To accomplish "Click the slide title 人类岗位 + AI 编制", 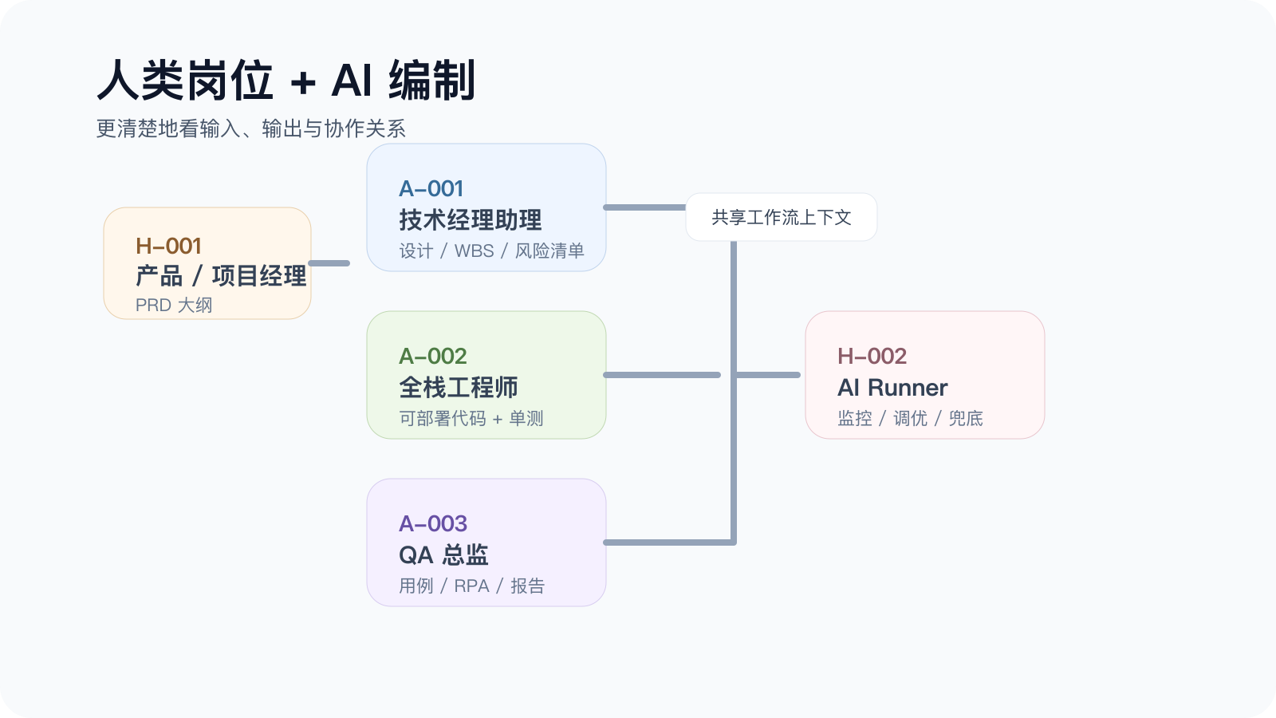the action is tap(286, 81).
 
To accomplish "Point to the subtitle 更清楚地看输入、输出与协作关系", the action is tap(250, 128).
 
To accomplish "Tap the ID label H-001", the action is tap(168, 247).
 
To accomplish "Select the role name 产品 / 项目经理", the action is tap(221, 276).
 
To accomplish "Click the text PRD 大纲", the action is tap(174, 306).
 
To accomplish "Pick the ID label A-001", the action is tap(431, 188).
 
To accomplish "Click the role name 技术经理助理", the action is tap(470, 220).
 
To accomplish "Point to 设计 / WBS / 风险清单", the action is tap(491, 251).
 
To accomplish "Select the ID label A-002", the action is tap(433, 356).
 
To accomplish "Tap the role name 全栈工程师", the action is tap(458, 388).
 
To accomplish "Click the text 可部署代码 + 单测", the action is tap(471, 418).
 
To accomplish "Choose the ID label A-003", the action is tap(433, 523).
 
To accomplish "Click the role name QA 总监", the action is tap(443, 555).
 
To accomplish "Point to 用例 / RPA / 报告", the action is tap(471, 586).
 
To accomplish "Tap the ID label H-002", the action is tap(872, 356).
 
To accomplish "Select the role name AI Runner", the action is tap(892, 388).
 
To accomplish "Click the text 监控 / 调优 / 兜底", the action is tap(910, 418).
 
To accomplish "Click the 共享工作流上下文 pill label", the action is tap(781, 217).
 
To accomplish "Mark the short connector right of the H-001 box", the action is tap(329, 263).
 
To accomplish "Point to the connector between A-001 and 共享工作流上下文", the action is tap(645, 207).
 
